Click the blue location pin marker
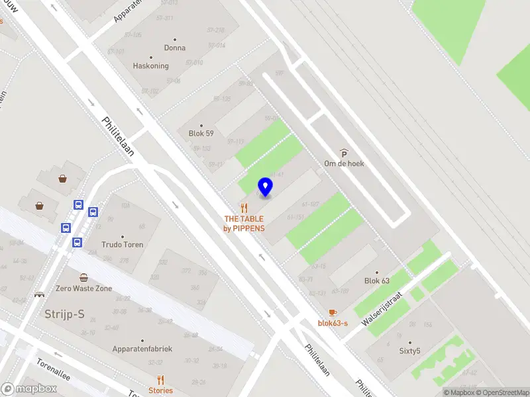tap(266, 187)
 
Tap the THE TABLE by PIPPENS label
tap(244, 224)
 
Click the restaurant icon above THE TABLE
tap(244, 208)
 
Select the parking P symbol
tap(344, 154)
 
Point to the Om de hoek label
tap(344, 163)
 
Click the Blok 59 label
tap(201, 133)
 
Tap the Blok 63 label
tap(376, 281)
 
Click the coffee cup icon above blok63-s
tap(333, 312)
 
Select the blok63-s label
tap(333, 323)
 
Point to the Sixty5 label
tap(409, 351)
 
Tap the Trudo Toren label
tap(123, 244)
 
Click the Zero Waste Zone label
tap(83, 288)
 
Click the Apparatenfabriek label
tap(142, 348)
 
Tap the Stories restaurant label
tap(160, 390)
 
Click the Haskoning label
tap(151, 66)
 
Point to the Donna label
tap(175, 48)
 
